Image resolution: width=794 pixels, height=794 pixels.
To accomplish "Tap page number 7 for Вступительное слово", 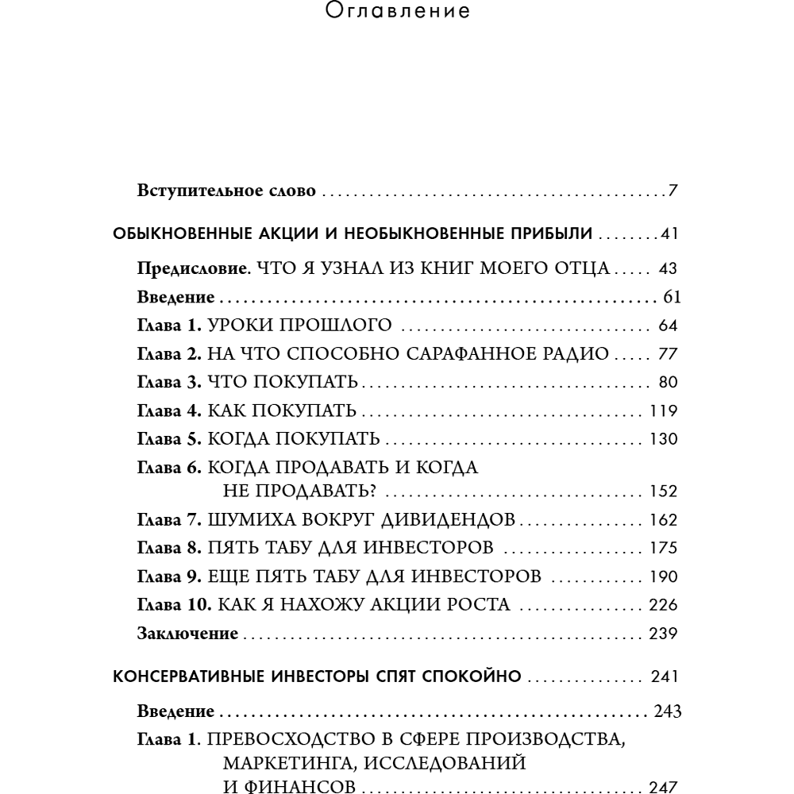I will pyautogui.click(x=672, y=191).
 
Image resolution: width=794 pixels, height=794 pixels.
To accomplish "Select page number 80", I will pyautogui.click(x=667, y=384).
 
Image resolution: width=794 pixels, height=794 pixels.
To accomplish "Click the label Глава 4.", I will pyautogui.click(x=171, y=411).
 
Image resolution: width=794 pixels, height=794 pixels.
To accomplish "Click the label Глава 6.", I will pyautogui.click(x=171, y=468).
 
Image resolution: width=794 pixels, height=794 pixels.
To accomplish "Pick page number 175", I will pyautogui.click(x=663, y=548).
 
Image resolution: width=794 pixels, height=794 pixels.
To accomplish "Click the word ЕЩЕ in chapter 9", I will pyautogui.click(x=227, y=576).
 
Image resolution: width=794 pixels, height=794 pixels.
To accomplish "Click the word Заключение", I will pyautogui.click(x=187, y=634).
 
